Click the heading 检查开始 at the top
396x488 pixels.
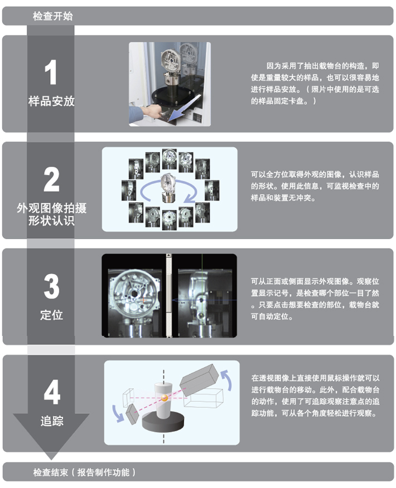(52, 16)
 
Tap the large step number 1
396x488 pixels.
(50, 72)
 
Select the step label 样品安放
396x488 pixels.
(51, 101)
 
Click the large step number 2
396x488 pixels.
(51, 179)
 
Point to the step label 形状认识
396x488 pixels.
(51, 221)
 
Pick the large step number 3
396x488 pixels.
(51, 286)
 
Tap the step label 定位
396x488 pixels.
(52, 315)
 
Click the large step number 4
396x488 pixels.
(52, 392)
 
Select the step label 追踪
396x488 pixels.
(52, 421)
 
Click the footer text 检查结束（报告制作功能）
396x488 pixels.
(84, 472)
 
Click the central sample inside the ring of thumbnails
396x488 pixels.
(168, 188)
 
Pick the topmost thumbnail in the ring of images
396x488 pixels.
(170, 159)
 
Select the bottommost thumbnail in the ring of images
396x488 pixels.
(170, 220)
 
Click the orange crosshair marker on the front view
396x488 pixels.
(143, 300)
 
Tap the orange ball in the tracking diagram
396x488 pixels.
(165, 398)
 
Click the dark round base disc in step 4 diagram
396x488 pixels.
(163, 422)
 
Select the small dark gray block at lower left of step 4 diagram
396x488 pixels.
(132, 413)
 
